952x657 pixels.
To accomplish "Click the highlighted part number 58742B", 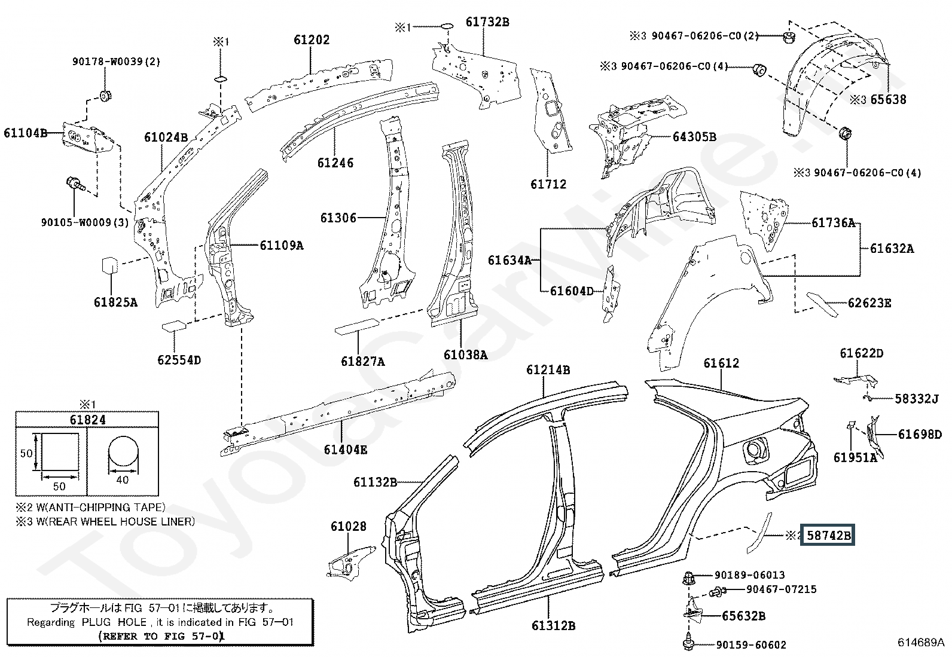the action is pyautogui.click(x=828, y=536).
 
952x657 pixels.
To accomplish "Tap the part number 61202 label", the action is pyautogui.click(x=312, y=40).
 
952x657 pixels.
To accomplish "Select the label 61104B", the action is pyautogui.click(x=25, y=133).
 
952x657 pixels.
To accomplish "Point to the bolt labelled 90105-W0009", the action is pyautogui.click(x=75, y=185).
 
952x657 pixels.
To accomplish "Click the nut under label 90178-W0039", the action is pyautogui.click(x=105, y=96).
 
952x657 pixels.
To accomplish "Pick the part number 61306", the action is pyautogui.click(x=338, y=218).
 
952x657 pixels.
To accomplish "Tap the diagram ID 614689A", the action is pyautogui.click(x=921, y=642).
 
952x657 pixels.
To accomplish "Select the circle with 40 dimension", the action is pyautogui.click(x=123, y=452).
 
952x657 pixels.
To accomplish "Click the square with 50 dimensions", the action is pyautogui.click(x=60, y=452).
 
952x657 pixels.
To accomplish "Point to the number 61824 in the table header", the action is pyautogui.click(x=87, y=420).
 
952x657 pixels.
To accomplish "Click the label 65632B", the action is pyautogui.click(x=744, y=616).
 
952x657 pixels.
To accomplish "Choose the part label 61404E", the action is pyautogui.click(x=346, y=450).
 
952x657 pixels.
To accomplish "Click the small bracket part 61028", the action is pyautogui.click(x=351, y=561).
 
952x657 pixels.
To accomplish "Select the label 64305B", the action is pyautogui.click(x=694, y=137).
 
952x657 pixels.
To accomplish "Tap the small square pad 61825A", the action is pyautogui.click(x=109, y=265).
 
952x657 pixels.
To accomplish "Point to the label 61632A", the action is pyautogui.click(x=892, y=249).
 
